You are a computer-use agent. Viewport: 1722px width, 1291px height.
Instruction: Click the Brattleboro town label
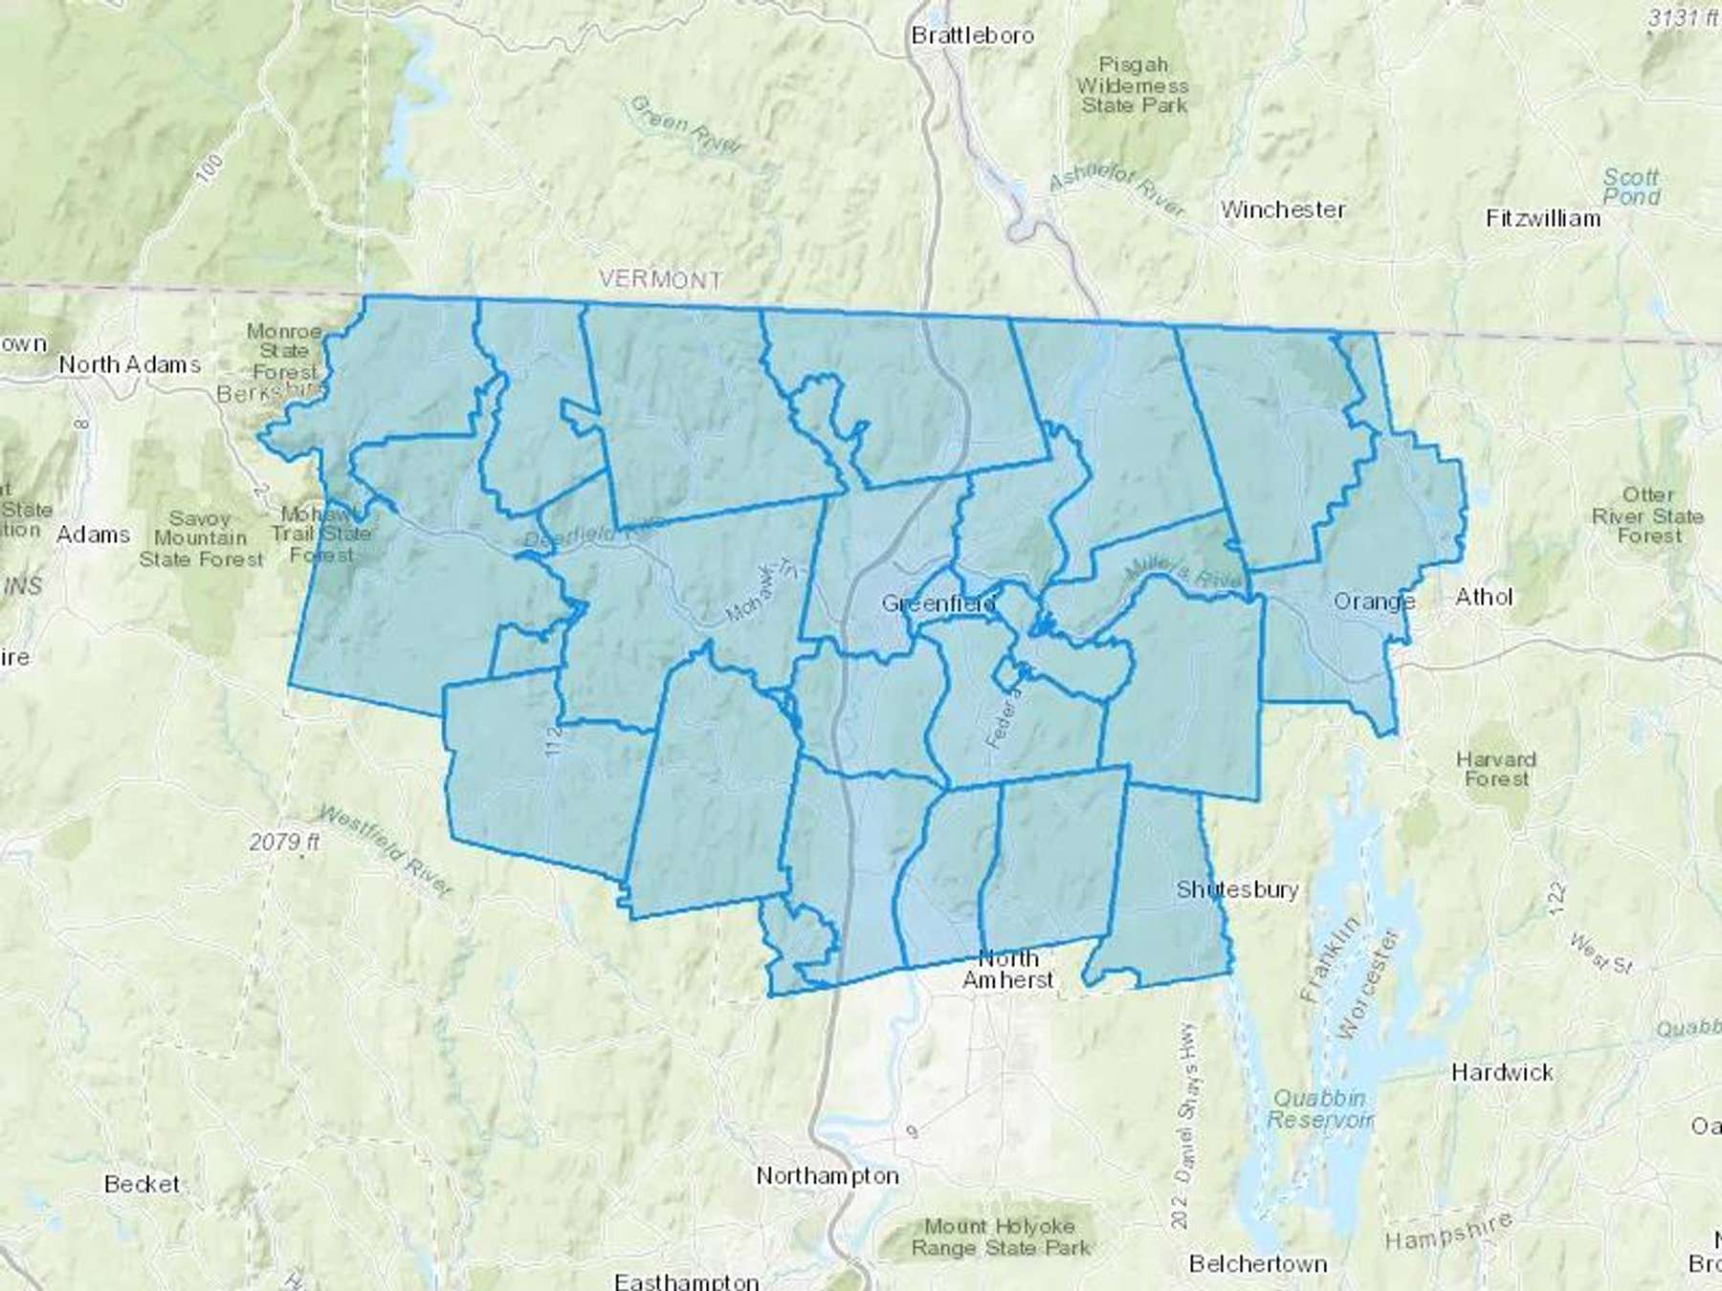pyautogui.click(x=972, y=35)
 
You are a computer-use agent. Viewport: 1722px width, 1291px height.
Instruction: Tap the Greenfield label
pyautogui.click(x=938, y=603)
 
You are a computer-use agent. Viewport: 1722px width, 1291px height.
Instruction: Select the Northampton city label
pyautogui.click(x=828, y=1175)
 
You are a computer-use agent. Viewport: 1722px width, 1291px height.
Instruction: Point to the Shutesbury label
pyautogui.click(x=1237, y=889)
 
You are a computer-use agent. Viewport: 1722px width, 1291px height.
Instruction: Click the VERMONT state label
pyautogui.click(x=660, y=279)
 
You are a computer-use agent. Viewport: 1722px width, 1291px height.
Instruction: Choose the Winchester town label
pyautogui.click(x=1282, y=209)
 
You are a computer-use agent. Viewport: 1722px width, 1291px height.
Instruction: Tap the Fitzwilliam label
pyautogui.click(x=1543, y=218)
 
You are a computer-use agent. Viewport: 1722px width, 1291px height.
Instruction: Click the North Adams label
pyautogui.click(x=130, y=364)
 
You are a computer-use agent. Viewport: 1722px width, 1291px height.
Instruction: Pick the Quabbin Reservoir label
pyautogui.click(x=1320, y=1108)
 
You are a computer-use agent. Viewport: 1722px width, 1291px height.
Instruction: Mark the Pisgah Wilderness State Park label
pyautogui.click(x=1134, y=85)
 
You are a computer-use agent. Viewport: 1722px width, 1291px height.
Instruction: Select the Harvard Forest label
pyautogui.click(x=1496, y=769)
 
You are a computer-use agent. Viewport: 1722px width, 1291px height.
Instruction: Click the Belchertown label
pyautogui.click(x=1258, y=1263)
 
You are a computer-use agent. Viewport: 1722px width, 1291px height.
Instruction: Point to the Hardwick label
pyautogui.click(x=1502, y=1072)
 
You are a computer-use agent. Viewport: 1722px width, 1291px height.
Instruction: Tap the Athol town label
pyautogui.click(x=1484, y=597)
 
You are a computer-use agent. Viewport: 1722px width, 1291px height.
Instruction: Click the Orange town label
pyautogui.click(x=1375, y=602)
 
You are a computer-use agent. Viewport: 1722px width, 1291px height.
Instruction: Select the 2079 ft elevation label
pyautogui.click(x=284, y=842)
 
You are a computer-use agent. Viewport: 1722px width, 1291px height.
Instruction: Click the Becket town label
pyautogui.click(x=142, y=1184)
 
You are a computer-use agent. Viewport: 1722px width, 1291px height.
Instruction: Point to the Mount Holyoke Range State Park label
pyautogui.click(x=1000, y=1236)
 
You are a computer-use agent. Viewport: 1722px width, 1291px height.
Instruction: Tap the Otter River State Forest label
pyautogui.click(x=1647, y=515)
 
